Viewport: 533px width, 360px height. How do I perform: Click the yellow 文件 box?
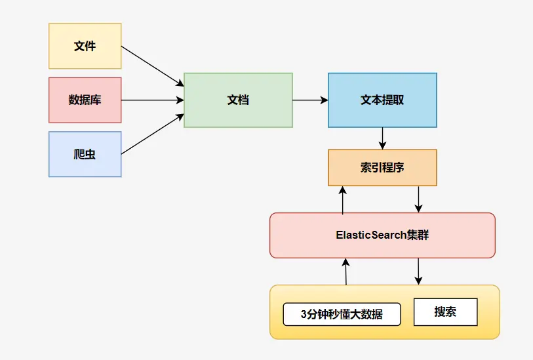click(85, 46)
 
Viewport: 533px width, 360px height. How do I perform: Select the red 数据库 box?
click(85, 100)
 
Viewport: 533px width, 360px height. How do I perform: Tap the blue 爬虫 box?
click(85, 154)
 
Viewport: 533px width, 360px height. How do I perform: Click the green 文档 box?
click(238, 100)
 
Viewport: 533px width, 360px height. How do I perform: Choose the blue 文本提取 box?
click(382, 100)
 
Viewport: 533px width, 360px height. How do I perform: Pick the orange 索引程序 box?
click(382, 167)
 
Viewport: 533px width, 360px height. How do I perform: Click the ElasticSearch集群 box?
click(382, 235)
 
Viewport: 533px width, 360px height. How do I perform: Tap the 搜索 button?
click(445, 312)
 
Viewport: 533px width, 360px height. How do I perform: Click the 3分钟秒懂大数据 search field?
click(342, 314)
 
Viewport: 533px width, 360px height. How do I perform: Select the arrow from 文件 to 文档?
click(153, 66)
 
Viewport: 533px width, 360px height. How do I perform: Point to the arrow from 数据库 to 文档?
click(152, 100)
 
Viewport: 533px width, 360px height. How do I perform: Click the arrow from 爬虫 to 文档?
click(153, 134)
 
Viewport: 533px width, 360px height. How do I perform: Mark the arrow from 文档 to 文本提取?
click(310, 100)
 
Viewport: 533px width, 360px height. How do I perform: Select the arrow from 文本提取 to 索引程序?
click(382, 138)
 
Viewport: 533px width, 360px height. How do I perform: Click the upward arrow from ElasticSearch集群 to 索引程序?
click(342, 199)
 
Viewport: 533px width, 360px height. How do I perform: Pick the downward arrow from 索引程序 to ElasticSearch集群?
click(419, 199)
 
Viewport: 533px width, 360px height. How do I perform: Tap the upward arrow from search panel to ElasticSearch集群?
click(345, 271)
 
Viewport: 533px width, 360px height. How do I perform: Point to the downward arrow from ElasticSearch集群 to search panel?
click(418, 271)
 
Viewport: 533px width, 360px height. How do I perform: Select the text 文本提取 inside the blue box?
click(382, 100)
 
